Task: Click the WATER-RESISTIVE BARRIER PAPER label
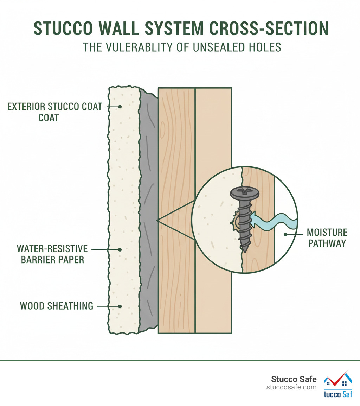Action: [x=52, y=254]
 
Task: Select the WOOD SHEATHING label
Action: [x=56, y=306]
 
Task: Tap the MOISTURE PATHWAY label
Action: [x=327, y=238]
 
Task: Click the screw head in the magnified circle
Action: [x=244, y=193]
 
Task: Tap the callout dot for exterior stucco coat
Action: [x=120, y=106]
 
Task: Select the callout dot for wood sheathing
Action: [x=120, y=306]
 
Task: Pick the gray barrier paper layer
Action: [x=148, y=211]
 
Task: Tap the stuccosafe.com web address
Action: [x=291, y=387]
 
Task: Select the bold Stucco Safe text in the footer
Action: [x=294, y=379]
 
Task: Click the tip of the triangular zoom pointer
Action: [x=157, y=220]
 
